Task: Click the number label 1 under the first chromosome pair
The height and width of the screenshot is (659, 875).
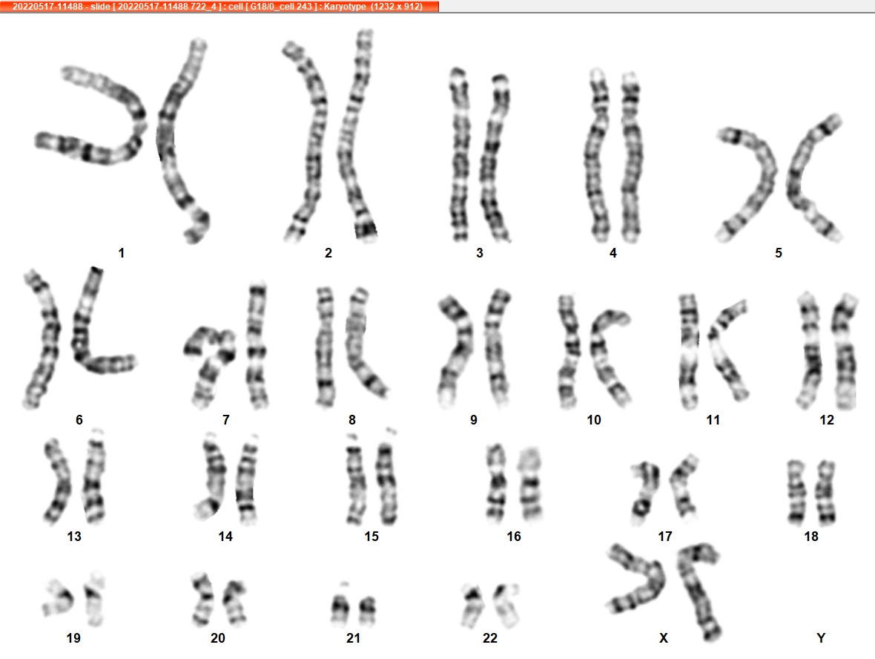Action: (121, 253)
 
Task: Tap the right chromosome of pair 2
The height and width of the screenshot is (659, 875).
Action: (357, 134)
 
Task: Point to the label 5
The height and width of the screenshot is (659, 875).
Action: (779, 253)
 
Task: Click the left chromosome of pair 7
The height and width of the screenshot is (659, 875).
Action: (209, 363)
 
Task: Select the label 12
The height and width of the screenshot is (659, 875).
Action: (827, 420)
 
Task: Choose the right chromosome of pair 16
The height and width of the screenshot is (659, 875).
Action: (530, 484)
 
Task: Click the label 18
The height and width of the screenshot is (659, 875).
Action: (810, 537)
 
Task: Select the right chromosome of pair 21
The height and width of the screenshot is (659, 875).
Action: (368, 610)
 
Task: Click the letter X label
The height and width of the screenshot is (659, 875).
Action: (664, 637)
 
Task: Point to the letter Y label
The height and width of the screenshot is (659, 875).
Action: (820, 637)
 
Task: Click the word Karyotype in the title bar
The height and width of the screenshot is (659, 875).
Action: (345, 7)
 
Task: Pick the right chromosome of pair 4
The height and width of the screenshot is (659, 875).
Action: (631, 157)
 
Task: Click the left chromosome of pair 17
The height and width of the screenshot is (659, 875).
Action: (644, 491)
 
